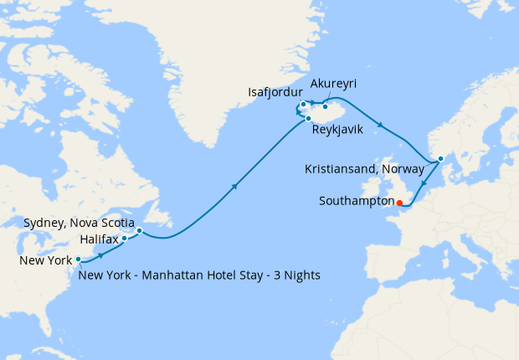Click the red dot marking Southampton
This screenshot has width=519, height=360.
pos(399,202)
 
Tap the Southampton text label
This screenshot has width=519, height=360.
pos(357,201)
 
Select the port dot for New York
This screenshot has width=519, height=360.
pos(78,260)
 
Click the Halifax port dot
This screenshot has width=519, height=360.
pos(125,239)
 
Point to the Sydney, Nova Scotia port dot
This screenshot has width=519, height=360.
pos(140,230)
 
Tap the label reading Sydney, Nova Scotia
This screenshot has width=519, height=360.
pos(80,222)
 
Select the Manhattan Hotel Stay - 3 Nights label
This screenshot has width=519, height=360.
pos(198,275)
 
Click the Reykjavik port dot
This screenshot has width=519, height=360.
pos(308,119)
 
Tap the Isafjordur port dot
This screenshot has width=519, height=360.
pos(303,105)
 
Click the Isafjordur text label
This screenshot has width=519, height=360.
pos(275,91)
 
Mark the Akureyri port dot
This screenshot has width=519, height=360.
pos(325,106)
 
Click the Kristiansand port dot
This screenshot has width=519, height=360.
pos(440,157)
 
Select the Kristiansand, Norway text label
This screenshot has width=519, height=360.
pos(368,170)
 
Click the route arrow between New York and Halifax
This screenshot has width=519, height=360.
pos(102,254)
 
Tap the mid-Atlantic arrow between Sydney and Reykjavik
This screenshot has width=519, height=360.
pos(235,186)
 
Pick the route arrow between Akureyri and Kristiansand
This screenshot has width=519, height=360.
pos(383,126)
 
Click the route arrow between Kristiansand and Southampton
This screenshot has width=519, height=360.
pos(424,185)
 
